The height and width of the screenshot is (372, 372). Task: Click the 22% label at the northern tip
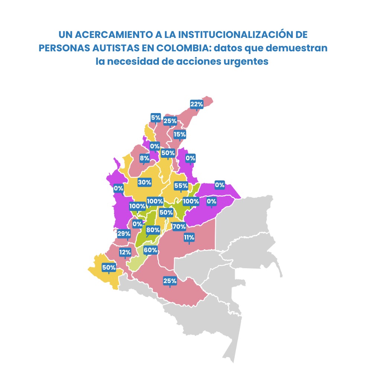tap(196, 104)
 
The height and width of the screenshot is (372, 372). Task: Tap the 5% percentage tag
tap(155, 118)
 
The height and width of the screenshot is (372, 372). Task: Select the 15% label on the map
tap(180, 134)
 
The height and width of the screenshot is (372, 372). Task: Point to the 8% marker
tap(144, 158)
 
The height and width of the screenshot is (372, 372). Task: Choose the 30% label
tap(144, 182)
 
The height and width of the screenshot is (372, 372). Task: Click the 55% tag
tap(181, 185)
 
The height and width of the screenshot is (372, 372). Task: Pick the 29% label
tap(124, 234)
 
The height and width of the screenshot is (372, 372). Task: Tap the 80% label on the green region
tap(153, 230)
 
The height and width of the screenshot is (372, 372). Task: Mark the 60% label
tap(150, 250)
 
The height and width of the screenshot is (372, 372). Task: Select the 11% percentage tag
tap(189, 237)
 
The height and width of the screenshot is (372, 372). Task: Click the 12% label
tap(125, 253)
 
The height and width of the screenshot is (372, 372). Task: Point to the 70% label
tap(179, 226)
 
